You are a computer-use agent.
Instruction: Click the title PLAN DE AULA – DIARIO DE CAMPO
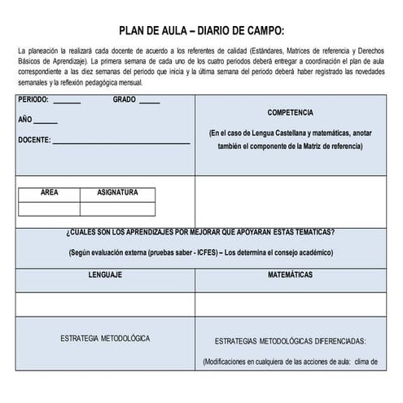[201, 31]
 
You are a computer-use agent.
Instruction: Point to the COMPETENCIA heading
[290, 112]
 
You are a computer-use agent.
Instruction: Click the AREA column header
[49, 193]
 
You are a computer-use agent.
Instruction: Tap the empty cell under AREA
[49, 208]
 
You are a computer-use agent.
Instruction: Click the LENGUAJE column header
[105, 275]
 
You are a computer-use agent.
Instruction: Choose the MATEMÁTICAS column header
[290, 275]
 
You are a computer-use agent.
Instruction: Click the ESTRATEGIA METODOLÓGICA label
[105, 337]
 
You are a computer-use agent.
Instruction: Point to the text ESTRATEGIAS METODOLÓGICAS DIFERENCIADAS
[290, 341]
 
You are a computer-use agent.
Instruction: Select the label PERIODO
[33, 100]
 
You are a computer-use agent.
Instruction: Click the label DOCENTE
[33, 139]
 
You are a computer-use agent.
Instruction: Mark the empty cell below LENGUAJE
[105, 304]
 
